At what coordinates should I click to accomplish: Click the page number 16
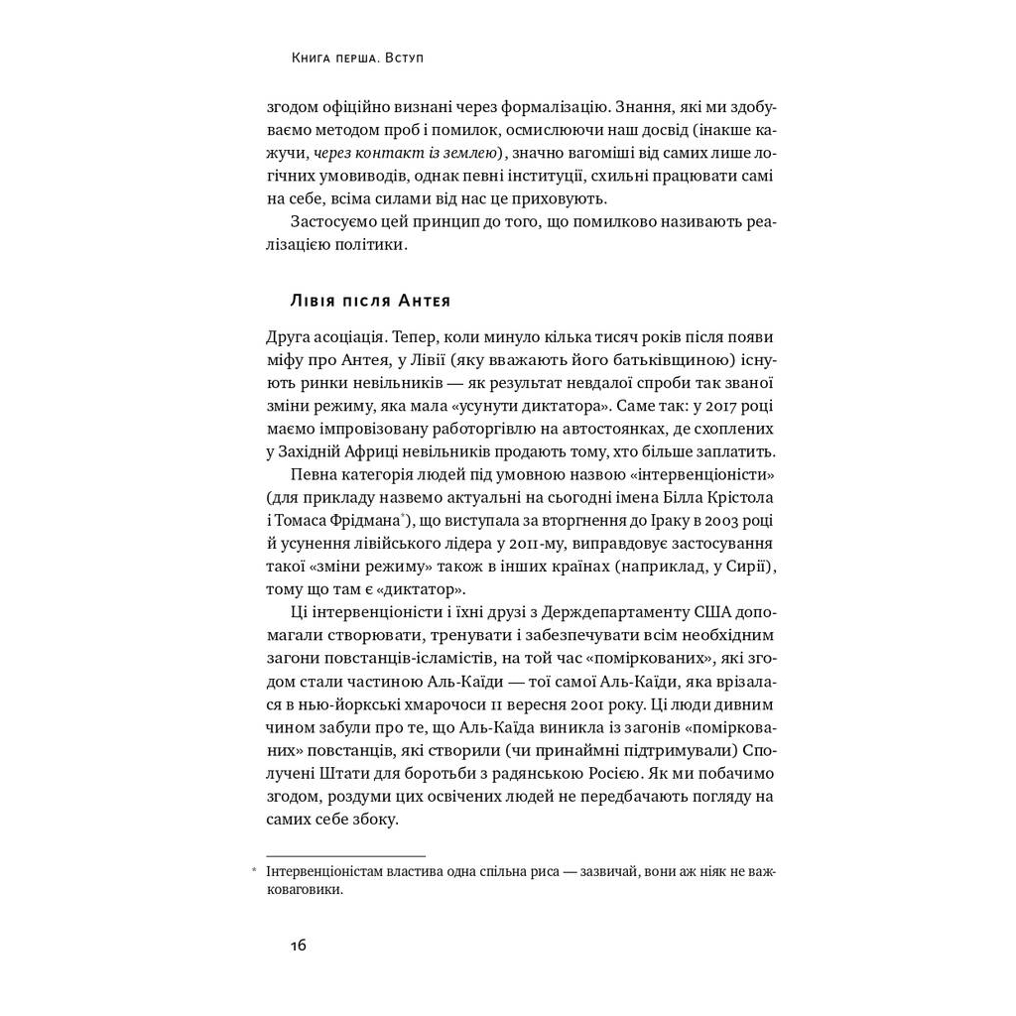(x=298, y=945)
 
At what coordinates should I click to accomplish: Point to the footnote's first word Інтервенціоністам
(x=322, y=872)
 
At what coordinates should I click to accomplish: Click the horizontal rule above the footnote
(x=345, y=855)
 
